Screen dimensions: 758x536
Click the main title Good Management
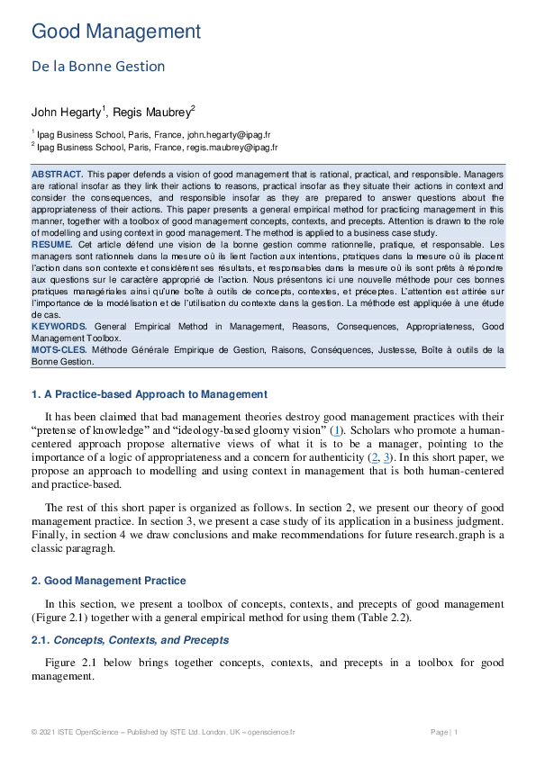116,32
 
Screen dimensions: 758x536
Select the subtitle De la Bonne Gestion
98,67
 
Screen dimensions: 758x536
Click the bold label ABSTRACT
58,173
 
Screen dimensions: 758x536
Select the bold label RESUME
52,244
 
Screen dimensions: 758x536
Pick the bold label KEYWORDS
59,326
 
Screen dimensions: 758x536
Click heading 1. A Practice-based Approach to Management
150,393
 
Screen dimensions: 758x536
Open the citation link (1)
337,431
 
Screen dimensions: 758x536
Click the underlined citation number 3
387,458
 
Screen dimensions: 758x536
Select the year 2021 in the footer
49,732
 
